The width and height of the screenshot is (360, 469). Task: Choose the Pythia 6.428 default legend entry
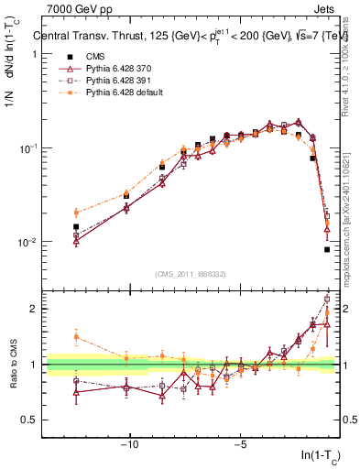pyautogui.click(x=116, y=93)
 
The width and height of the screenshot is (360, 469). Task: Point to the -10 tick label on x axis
pyautogui.click(x=129, y=446)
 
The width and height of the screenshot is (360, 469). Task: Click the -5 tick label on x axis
pyautogui.click(x=240, y=446)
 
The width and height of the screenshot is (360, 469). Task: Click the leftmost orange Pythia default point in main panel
pyautogui.click(x=76, y=213)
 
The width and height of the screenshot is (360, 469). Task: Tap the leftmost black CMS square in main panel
pyautogui.click(x=76, y=226)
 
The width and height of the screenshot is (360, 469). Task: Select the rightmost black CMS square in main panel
pyautogui.click(x=327, y=249)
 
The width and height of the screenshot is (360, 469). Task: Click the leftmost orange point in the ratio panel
pyautogui.click(x=76, y=336)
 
